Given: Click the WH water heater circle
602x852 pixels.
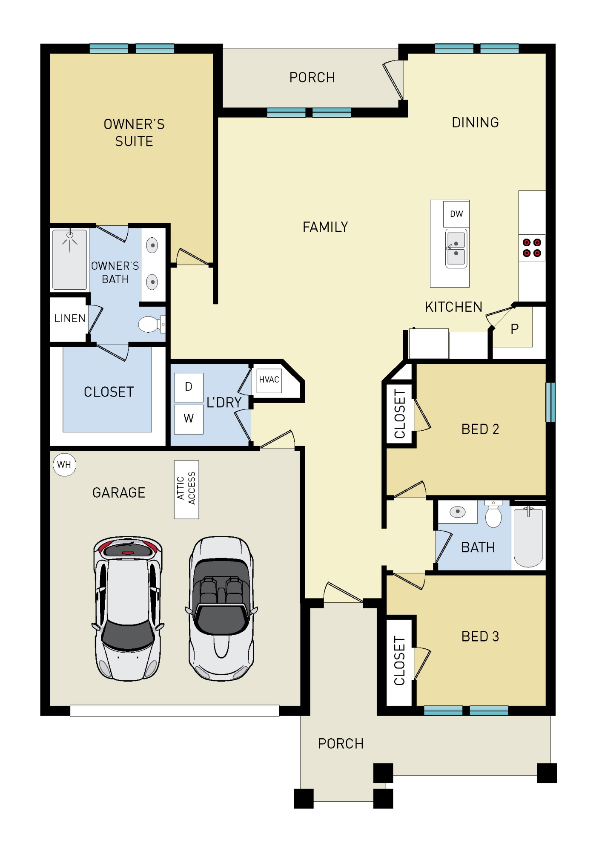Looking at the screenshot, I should click(x=64, y=464).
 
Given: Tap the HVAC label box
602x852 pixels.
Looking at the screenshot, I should click(x=269, y=380).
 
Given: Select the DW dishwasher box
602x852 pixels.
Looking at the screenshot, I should click(x=456, y=214).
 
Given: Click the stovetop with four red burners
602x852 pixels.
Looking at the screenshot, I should click(x=532, y=248).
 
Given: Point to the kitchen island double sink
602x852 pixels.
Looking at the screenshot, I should click(x=456, y=248).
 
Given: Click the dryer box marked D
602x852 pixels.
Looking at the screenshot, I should click(x=189, y=387).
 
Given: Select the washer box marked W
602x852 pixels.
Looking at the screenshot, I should click(x=189, y=419).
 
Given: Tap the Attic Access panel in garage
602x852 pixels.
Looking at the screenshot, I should click(x=186, y=489).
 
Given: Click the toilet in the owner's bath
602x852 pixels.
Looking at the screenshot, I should click(x=149, y=324).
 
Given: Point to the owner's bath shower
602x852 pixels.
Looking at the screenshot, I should click(x=69, y=259).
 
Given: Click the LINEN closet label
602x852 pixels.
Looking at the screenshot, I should click(x=70, y=319).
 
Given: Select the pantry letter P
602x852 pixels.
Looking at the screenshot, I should click(x=514, y=329).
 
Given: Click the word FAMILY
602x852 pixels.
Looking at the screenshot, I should click(x=325, y=227).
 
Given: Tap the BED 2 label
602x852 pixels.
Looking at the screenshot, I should click(x=480, y=429).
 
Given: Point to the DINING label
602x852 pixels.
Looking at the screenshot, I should click(x=475, y=123).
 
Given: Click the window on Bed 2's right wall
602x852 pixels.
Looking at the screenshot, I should click(x=550, y=402).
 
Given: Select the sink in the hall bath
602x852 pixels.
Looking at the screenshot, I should click(x=458, y=512).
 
